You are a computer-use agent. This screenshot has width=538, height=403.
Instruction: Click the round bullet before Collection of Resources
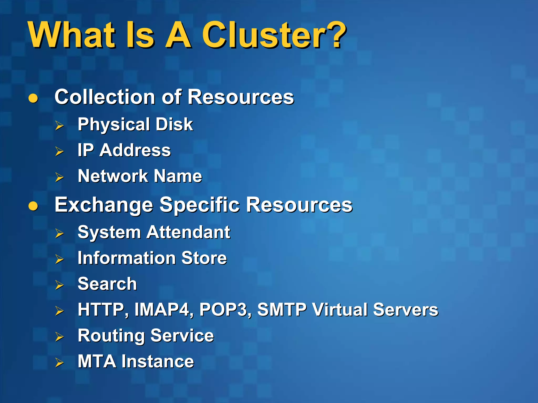tap(33, 98)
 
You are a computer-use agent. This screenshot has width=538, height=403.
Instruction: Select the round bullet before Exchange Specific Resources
tap(33, 206)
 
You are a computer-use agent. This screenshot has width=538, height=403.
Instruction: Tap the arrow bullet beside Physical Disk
tap(59, 126)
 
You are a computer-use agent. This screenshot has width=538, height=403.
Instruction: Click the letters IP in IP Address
tap(85, 150)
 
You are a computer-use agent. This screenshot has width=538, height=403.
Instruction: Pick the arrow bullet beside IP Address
tap(59, 151)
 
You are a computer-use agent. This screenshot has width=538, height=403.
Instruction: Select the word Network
tap(113, 176)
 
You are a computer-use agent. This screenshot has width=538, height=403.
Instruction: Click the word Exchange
tap(104, 205)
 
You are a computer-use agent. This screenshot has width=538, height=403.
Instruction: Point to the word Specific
tap(199, 205)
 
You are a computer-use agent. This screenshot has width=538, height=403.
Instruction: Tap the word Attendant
tap(188, 232)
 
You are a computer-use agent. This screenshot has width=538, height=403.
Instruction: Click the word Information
tap(126, 258)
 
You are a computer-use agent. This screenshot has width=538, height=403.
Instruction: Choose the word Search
tap(107, 284)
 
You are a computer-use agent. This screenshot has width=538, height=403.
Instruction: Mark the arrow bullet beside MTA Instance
tap(59, 363)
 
